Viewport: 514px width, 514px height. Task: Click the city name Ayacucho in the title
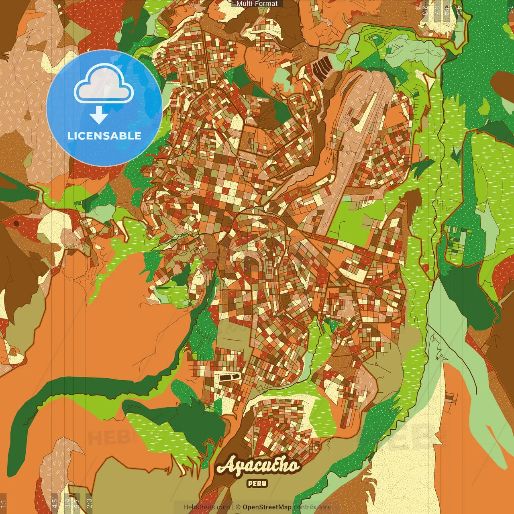[x=258, y=466]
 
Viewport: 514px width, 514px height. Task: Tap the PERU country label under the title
[x=257, y=483]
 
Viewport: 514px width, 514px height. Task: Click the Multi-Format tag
[x=257, y=4]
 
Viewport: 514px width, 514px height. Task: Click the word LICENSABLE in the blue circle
[x=104, y=136]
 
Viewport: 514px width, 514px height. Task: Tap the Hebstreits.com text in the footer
[x=207, y=507]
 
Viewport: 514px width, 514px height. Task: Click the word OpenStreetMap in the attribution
[x=267, y=507]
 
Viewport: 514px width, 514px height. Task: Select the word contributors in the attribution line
[x=312, y=507]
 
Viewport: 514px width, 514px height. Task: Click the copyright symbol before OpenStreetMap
[x=238, y=507]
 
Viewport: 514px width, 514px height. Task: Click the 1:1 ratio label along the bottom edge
[x=4, y=503]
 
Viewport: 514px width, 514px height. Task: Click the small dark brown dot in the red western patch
[x=16, y=223]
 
